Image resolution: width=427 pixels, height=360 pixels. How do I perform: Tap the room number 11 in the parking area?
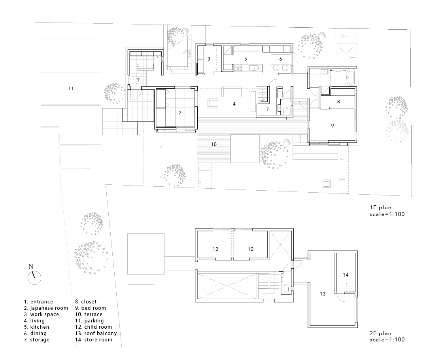(71, 88)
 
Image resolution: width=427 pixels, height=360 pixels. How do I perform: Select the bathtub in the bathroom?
(351, 77)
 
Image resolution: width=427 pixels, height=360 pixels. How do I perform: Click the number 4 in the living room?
(234, 104)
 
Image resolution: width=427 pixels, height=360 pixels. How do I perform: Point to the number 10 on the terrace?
(214, 144)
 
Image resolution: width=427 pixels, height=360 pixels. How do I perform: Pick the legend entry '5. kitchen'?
(36, 327)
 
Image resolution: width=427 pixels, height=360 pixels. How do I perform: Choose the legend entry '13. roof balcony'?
(96, 333)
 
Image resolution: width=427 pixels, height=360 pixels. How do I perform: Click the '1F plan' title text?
(380, 207)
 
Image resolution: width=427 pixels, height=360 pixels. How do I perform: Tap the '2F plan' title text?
(380, 333)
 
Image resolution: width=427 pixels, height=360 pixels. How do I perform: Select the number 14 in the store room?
(346, 275)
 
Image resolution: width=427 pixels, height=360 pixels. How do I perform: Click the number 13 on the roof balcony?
(323, 294)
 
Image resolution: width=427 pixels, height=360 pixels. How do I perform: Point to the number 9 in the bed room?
(332, 126)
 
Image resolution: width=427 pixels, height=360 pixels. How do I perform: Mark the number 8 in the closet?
(338, 101)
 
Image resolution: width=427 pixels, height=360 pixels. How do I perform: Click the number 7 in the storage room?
(267, 110)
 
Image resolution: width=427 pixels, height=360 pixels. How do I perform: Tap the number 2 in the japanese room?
(180, 113)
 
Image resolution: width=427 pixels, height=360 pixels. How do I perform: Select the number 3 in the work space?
(209, 59)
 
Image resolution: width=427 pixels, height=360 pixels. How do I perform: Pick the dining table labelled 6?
(281, 59)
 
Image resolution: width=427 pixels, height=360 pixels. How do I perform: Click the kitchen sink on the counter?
(253, 68)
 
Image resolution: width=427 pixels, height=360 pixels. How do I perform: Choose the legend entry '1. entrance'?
(38, 302)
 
